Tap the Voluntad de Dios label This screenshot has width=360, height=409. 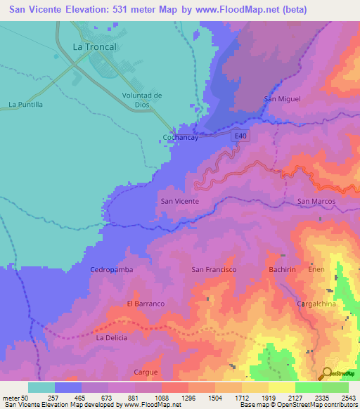142,100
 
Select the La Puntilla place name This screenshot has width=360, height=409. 26,105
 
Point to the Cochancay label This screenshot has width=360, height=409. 181,138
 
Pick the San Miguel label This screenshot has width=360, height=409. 282,99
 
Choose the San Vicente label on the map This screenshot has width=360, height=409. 180,201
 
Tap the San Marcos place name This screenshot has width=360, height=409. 316,202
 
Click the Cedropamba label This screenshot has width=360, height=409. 112,269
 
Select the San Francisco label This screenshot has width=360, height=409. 214,269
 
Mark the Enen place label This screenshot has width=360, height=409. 315,269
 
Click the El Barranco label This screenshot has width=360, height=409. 146,304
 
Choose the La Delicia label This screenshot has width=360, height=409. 110,338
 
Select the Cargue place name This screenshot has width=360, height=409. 146,372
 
